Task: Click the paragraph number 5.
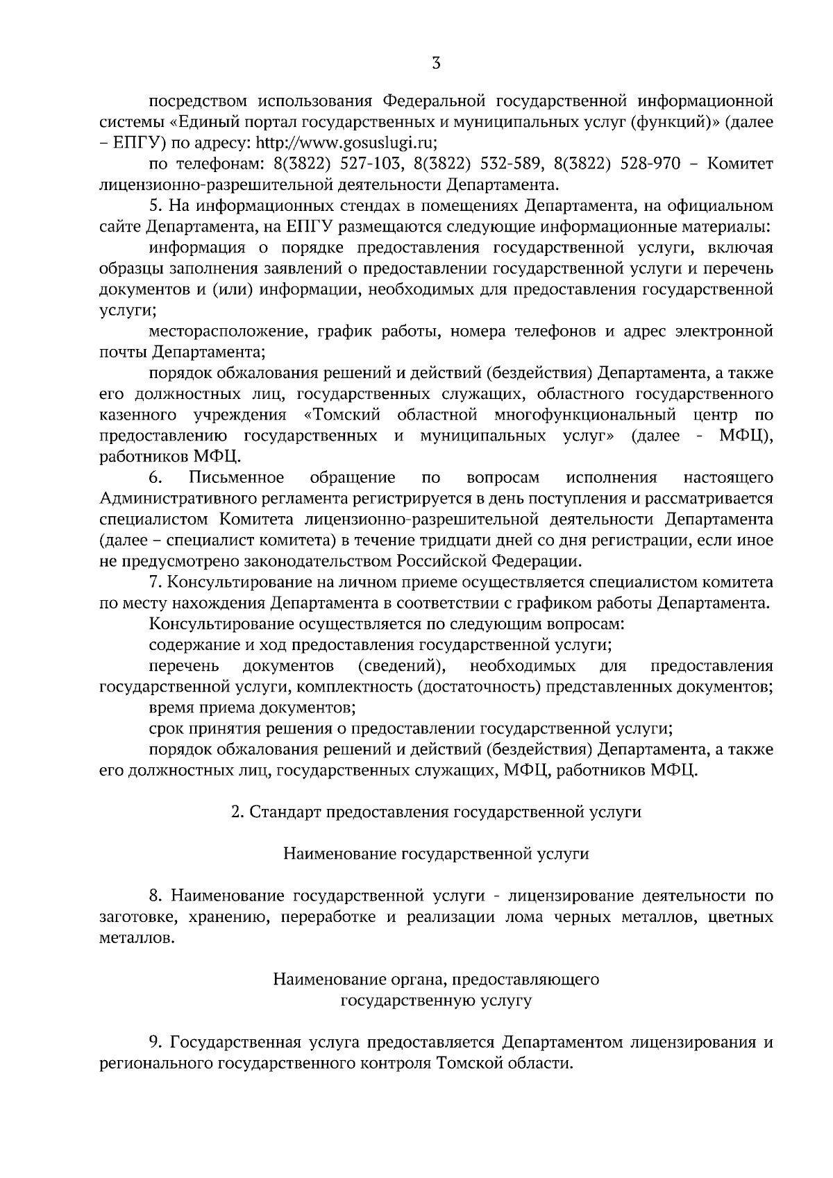tap(154, 205)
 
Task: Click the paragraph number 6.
tap(155, 477)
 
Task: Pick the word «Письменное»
tap(236, 477)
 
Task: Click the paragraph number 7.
tap(154, 582)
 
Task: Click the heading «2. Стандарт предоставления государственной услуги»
tap(435, 812)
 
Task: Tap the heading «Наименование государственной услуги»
tap(435, 854)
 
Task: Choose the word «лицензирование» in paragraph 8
tap(562, 896)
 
